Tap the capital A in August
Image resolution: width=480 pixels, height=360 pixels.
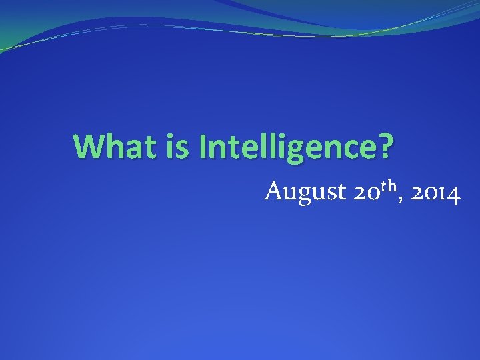[274, 192]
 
